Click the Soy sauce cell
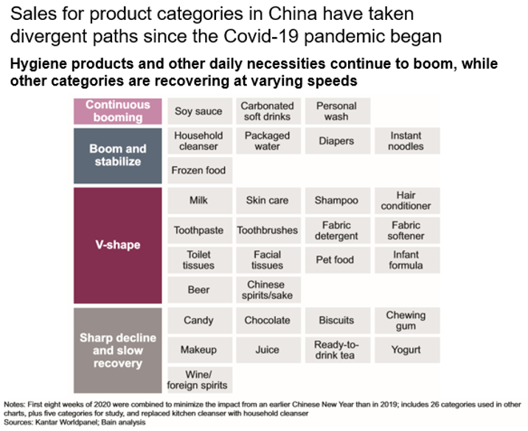pos(198,111)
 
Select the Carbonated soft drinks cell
pos(267,111)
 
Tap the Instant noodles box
pos(406,141)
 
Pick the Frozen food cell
pos(198,170)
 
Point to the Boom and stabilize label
pos(117,155)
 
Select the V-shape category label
pos(117,245)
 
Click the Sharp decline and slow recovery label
pos(117,350)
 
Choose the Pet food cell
pos(335,260)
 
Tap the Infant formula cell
pos(406,260)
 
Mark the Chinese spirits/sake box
pos(266,290)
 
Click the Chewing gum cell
pos(406,320)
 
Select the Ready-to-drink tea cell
pos(335,350)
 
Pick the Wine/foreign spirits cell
pos(198,379)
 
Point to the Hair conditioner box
pos(406,200)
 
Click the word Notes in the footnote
pos(15,406)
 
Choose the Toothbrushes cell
pos(267,230)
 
